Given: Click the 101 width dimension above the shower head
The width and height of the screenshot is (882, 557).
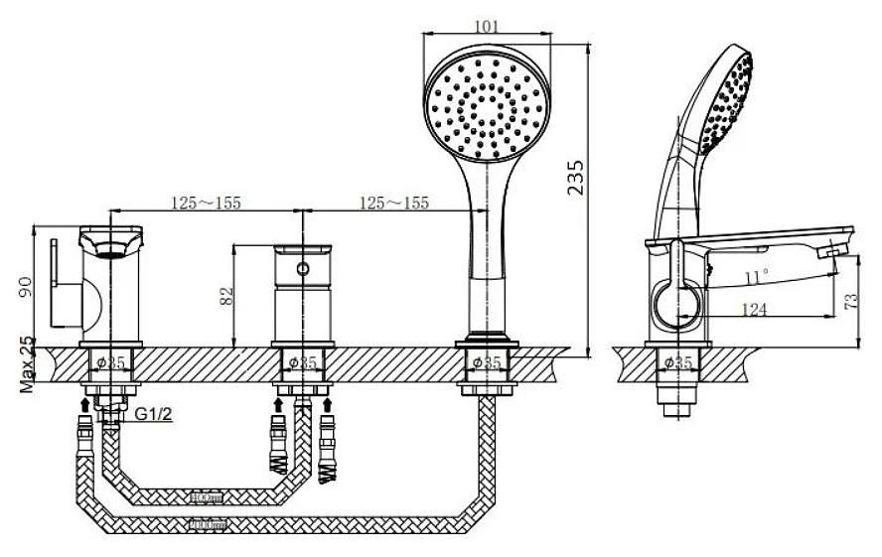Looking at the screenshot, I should pos(488,26).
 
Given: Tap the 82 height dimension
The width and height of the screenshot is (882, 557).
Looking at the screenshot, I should pos(226,295).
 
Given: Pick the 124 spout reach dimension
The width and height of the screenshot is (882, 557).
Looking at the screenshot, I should pos(757,311).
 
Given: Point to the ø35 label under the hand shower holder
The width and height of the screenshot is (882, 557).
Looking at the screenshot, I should pos(487,362).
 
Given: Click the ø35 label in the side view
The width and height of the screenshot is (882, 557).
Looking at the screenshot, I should pos(677,362).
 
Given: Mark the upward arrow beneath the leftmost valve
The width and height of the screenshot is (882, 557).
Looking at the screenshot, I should pos(84,404).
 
